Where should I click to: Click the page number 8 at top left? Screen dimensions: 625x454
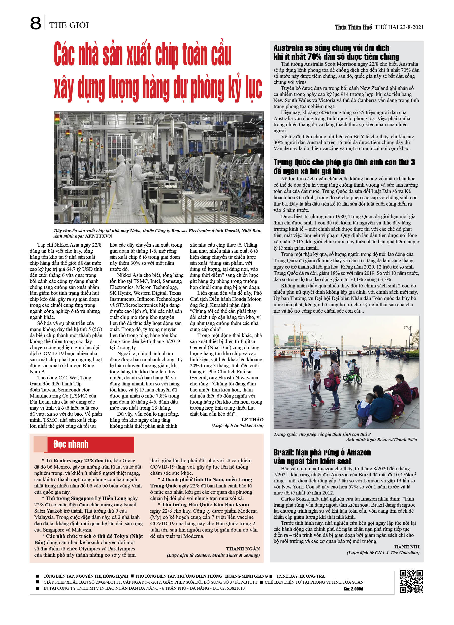point(36,23)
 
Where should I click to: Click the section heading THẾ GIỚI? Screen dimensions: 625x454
point(69,25)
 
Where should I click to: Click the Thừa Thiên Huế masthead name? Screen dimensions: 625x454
point(353,27)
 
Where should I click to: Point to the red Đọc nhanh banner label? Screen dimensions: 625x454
point(71,444)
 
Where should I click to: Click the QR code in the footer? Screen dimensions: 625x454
point(411,581)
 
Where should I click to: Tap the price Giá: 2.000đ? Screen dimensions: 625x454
point(353,589)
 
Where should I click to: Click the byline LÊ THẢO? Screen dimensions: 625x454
point(252,419)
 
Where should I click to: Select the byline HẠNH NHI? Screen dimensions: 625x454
point(407,547)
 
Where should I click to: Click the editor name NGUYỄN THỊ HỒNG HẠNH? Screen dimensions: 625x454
point(102,576)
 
